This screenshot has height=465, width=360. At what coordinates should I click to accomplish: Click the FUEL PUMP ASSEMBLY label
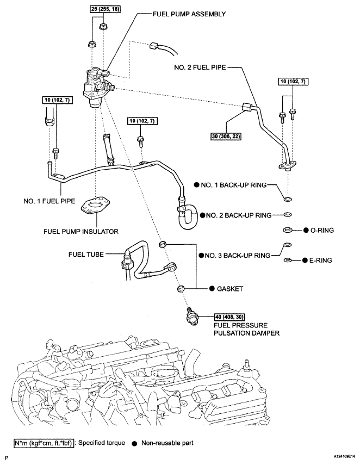189,14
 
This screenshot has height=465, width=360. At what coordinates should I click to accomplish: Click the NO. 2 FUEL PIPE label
200,67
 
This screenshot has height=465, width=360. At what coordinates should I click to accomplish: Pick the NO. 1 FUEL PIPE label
49,201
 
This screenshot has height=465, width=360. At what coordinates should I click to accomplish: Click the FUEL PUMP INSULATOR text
80,231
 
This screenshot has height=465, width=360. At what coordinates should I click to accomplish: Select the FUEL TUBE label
86,254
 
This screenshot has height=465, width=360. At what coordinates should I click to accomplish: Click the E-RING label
320,261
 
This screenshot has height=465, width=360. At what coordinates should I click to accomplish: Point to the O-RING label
322,230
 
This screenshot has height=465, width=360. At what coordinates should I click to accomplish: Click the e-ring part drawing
287,260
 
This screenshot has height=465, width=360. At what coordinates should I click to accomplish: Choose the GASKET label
230,289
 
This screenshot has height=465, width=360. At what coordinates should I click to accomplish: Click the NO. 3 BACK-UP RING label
238,255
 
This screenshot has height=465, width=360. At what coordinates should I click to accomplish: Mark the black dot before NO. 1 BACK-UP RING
197,185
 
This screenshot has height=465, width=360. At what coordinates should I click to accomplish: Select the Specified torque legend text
102,443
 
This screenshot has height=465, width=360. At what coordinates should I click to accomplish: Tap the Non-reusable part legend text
167,443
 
